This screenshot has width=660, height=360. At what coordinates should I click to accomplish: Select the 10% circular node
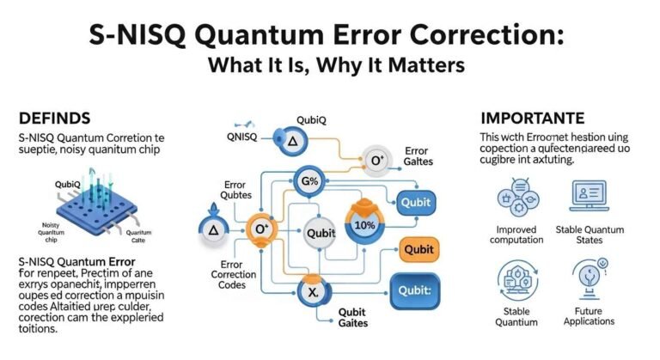(x=366, y=226)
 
